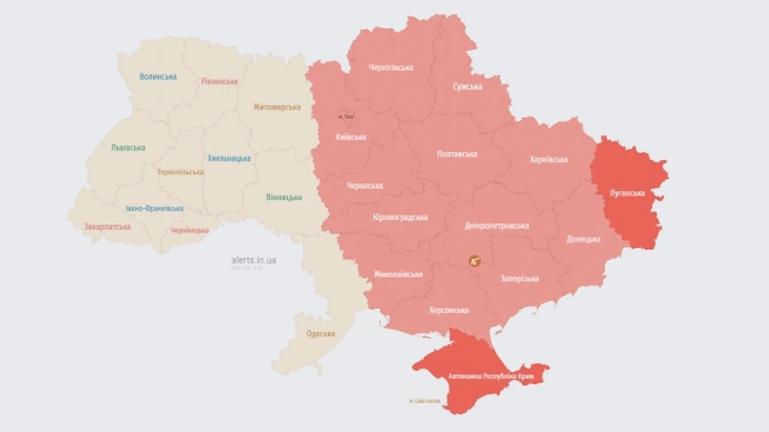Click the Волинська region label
pyautogui.click(x=158, y=76)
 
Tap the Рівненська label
pyautogui.click(x=220, y=81)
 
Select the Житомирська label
pyautogui.click(x=277, y=107)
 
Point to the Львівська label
pyautogui.click(x=127, y=147)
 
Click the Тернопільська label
pyautogui.click(x=180, y=172)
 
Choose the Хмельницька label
pyautogui.click(x=229, y=158)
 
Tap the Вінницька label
pyautogui.click(x=284, y=198)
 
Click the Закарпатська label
pyautogui.click(x=107, y=227)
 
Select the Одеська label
pyautogui.click(x=320, y=334)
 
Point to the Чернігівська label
pyautogui.click(x=391, y=68)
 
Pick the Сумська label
pyautogui.click(x=467, y=86)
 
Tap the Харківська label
pyautogui.click(x=549, y=159)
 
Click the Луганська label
pyautogui.click(x=626, y=193)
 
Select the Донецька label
pyautogui.click(x=584, y=239)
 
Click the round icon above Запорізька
pyautogui.click(x=475, y=260)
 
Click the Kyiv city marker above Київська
pyautogui.click(x=344, y=115)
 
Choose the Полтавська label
pyautogui.click(x=456, y=154)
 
